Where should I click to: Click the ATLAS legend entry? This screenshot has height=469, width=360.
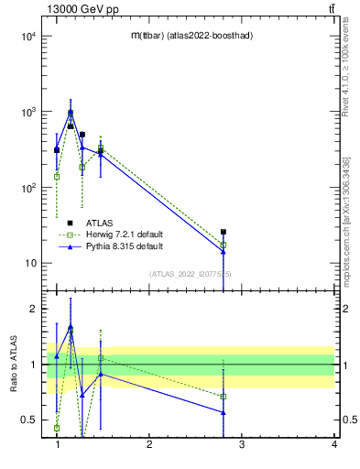100,223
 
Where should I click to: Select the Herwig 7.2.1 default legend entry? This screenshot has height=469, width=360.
125,234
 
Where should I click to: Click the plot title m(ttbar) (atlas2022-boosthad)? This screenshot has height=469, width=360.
191,35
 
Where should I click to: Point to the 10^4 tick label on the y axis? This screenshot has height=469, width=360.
27,37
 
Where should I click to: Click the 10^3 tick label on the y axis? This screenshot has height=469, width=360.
27,112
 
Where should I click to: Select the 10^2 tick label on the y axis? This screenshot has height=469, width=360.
27,188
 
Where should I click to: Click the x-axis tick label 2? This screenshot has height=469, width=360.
149,445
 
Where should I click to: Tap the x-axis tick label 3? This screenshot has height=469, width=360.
242,445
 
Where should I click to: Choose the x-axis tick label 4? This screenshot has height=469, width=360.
334,445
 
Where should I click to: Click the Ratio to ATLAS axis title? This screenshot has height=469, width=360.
13,365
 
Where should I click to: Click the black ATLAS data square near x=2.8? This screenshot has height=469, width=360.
224,232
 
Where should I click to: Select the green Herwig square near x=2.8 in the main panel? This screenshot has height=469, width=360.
224,245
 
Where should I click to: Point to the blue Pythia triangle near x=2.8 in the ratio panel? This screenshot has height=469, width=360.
224,412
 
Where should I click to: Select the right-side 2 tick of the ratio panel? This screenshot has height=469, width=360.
344,309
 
